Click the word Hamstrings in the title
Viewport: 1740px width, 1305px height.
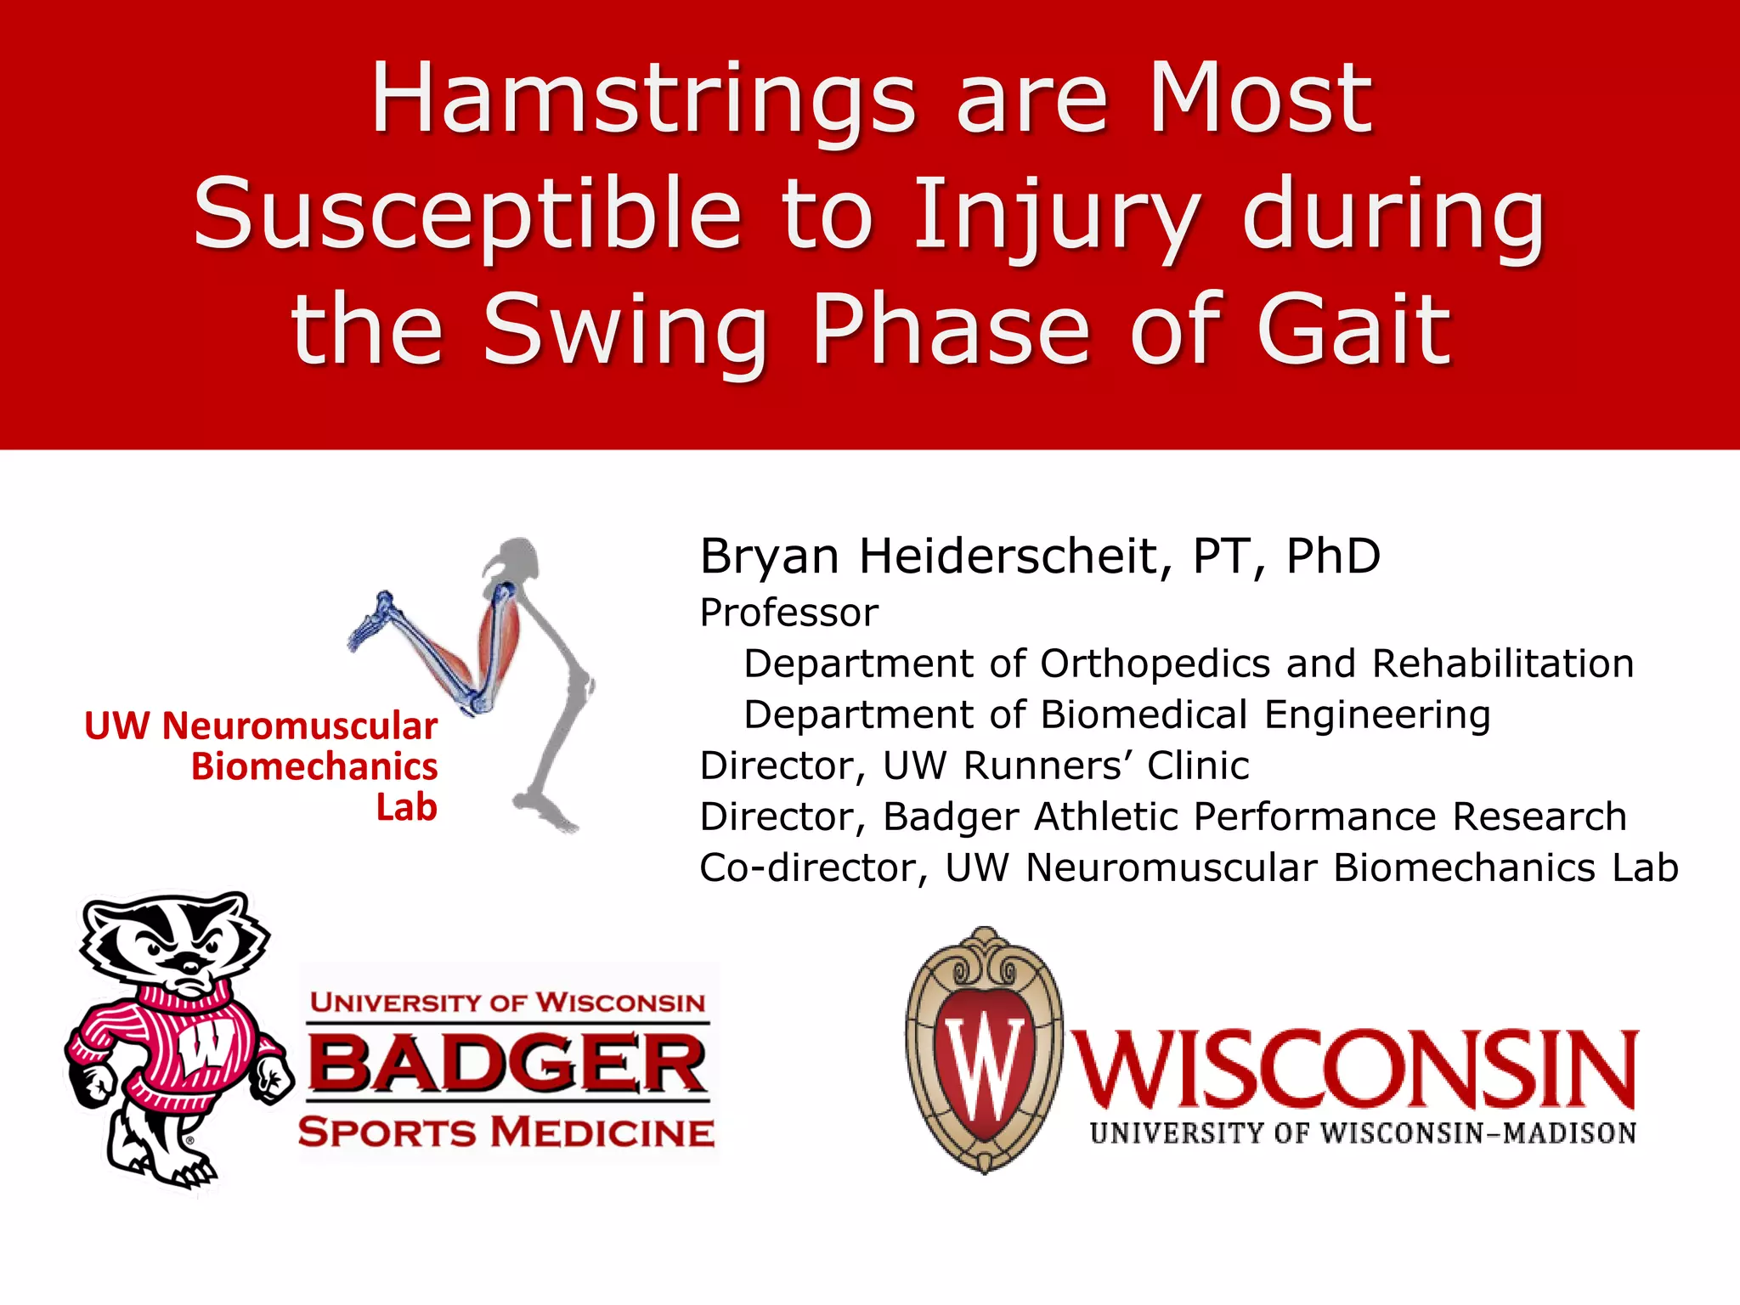pos(644,100)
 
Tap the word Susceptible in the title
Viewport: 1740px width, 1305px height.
pos(467,214)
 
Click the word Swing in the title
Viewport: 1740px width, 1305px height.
pos(625,331)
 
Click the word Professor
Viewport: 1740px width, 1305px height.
pos(788,613)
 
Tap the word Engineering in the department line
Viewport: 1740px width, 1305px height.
pos(1376,715)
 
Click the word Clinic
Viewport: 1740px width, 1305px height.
pos(1198,765)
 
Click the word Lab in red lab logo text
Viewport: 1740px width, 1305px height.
pos(406,807)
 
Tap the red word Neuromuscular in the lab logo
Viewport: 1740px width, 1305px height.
pos(299,726)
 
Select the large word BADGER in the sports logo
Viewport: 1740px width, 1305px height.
pos(507,1063)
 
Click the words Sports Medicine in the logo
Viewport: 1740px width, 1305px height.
pos(506,1133)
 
